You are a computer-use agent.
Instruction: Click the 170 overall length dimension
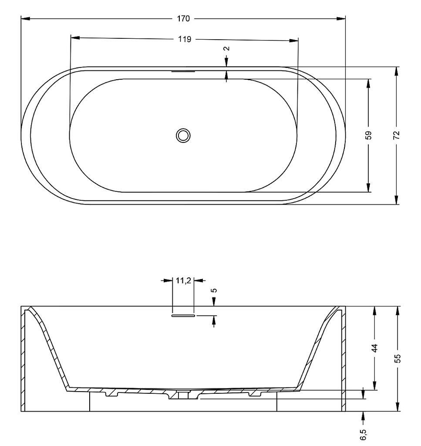183,19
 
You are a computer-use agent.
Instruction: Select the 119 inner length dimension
185,39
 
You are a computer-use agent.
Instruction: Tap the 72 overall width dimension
397,135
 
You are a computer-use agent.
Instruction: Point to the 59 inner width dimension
368,135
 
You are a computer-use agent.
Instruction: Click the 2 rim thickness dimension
226,48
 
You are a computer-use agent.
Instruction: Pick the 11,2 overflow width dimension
183,281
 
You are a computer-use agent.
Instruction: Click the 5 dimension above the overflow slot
214,291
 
